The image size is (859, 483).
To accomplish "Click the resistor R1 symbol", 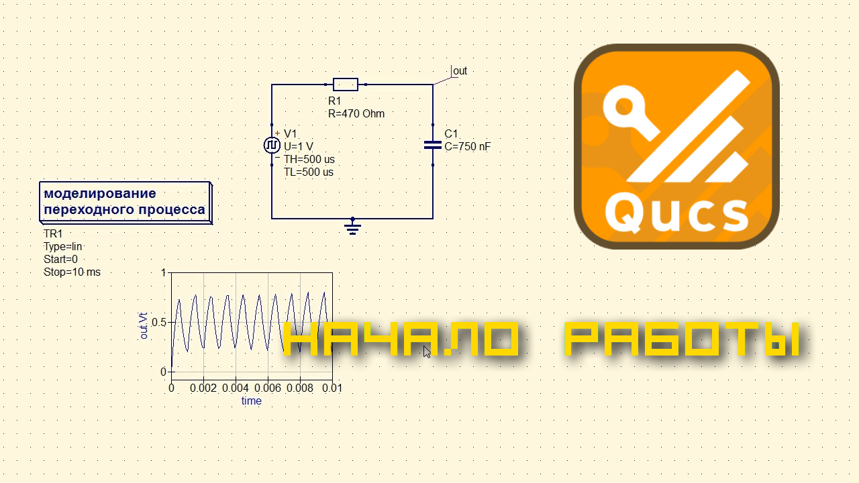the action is click(346, 85).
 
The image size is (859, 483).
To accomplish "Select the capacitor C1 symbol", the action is click(433, 146).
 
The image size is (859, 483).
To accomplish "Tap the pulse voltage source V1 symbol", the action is click(272, 146).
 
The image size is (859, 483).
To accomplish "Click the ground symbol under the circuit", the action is click(353, 227).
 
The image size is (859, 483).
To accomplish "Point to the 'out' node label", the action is click(460, 71).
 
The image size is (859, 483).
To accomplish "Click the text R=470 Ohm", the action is click(356, 114).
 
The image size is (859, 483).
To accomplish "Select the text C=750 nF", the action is click(468, 146).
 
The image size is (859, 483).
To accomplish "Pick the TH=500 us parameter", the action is click(309, 159).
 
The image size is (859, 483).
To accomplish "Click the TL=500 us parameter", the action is click(308, 172).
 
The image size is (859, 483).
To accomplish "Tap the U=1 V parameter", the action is click(299, 146).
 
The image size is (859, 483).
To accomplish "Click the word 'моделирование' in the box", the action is click(100, 194).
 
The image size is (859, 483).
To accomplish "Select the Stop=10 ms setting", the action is click(72, 272).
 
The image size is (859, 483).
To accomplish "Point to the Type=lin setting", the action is click(63, 246).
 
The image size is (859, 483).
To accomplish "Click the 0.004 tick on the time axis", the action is click(236, 388).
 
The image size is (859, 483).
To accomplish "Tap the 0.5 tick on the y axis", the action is click(159, 323).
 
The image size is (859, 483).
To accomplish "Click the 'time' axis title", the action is click(252, 401).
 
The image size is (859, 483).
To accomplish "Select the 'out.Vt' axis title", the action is click(144, 326).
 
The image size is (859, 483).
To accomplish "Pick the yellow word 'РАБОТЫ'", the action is click(682, 339).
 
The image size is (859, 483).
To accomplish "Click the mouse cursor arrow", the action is click(427, 352).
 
